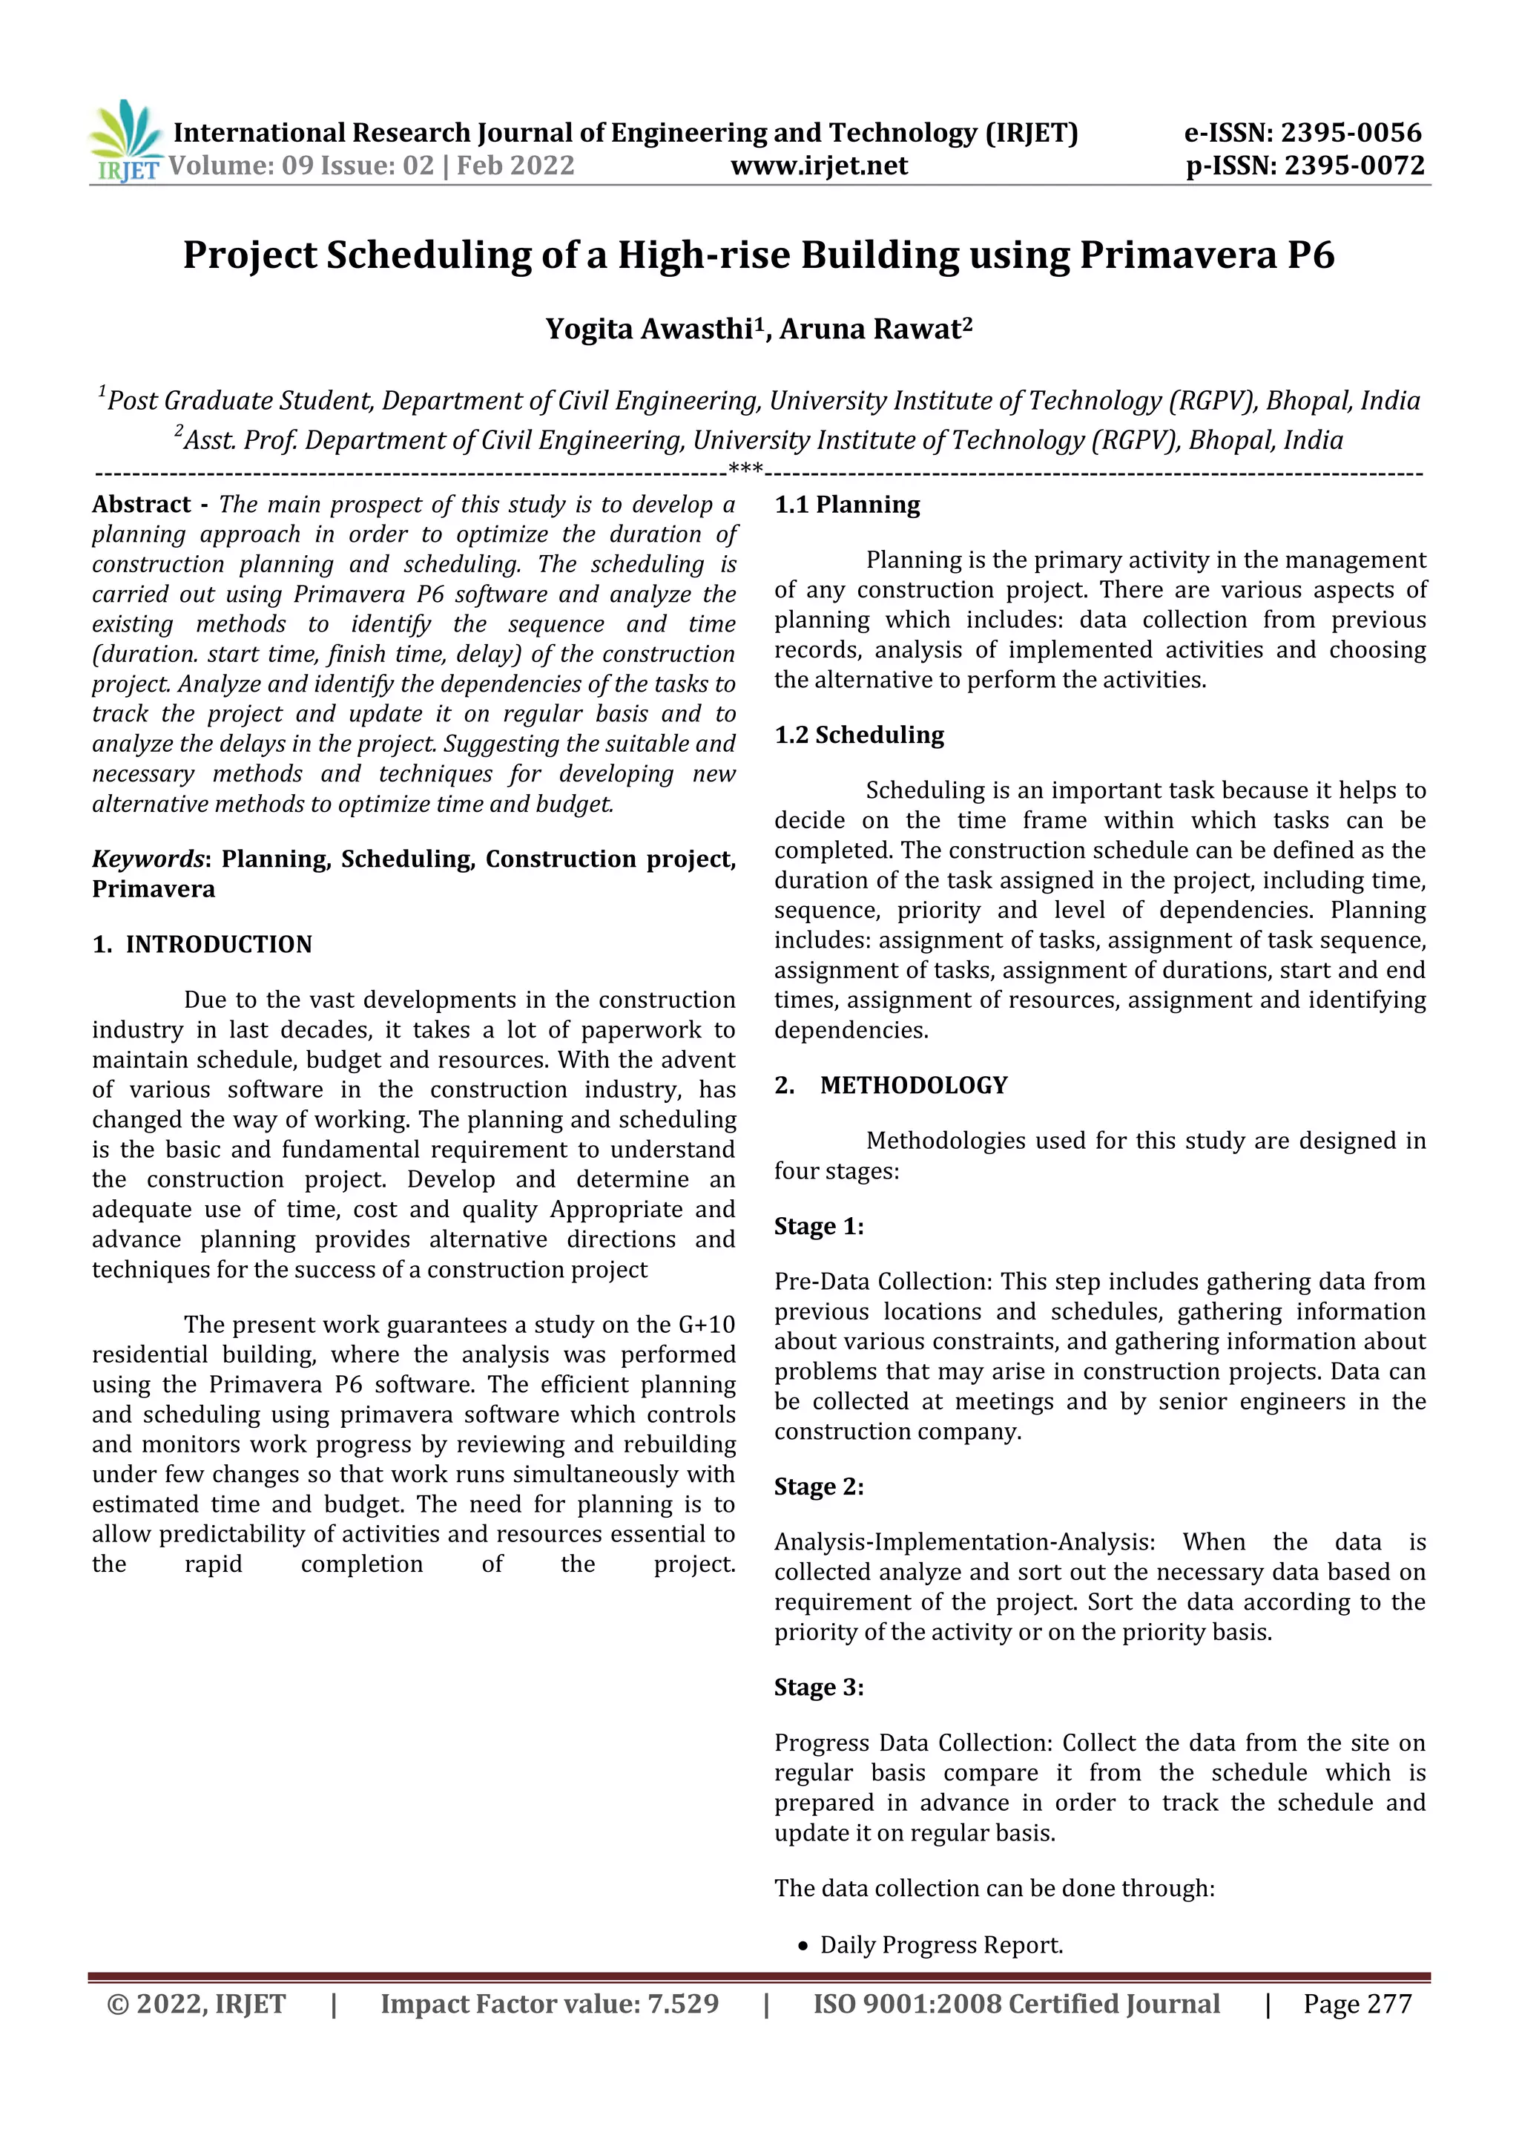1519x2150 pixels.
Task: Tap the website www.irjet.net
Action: (x=819, y=165)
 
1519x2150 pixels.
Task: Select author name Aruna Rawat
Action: (x=871, y=330)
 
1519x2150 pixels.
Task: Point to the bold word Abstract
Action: (x=142, y=505)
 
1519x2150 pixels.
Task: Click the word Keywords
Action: (x=148, y=859)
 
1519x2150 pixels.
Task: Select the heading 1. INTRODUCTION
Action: (x=202, y=944)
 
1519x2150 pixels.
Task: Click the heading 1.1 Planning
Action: (x=847, y=505)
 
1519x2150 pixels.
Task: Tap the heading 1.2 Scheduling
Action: (x=858, y=735)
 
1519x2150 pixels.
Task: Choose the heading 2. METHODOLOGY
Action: (x=890, y=1085)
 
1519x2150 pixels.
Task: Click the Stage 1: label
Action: (x=819, y=1227)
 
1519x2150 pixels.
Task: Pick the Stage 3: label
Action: (x=819, y=1688)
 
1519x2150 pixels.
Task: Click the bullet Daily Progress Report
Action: (x=940, y=1945)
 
